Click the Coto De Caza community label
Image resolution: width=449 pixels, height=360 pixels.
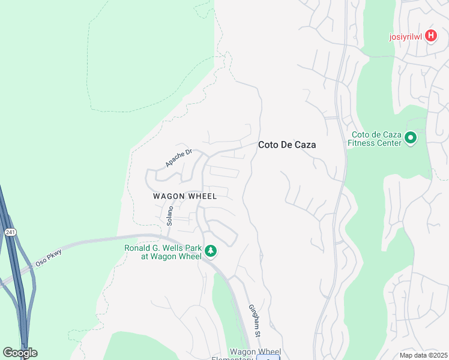click(x=287, y=145)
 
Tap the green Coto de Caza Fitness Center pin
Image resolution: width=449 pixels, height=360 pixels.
click(x=411, y=139)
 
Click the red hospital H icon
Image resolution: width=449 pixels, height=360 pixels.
click(x=430, y=36)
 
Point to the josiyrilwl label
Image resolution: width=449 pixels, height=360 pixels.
click(x=406, y=36)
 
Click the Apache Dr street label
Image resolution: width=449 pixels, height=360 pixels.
click(x=178, y=158)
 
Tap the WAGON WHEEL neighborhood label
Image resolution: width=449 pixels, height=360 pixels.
click(x=184, y=196)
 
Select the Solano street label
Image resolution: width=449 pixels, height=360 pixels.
click(x=170, y=215)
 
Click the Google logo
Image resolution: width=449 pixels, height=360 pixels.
click(x=20, y=353)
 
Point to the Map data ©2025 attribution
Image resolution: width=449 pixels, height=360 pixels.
click(x=423, y=355)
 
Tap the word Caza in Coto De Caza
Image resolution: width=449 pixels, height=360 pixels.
click(x=304, y=145)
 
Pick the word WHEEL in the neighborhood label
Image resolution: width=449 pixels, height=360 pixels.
click(x=200, y=196)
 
